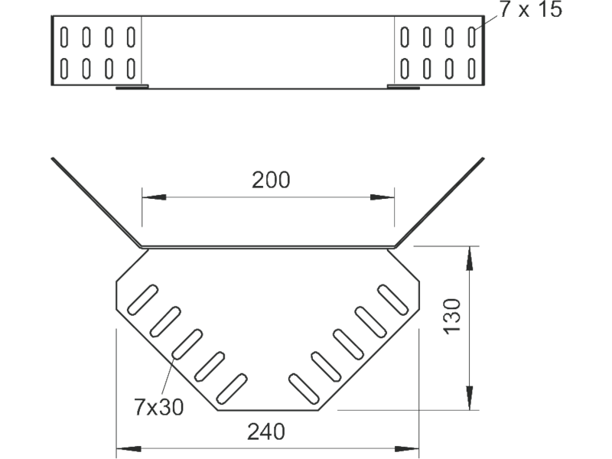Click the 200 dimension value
coord(271,180)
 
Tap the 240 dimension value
coord(266,431)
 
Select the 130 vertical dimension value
coord(452,316)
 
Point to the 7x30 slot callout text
coord(158,407)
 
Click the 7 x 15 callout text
coord(531,9)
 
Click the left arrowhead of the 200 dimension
coord(154,197)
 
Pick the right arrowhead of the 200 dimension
coord(382,197)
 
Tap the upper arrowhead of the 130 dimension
coord(470,258)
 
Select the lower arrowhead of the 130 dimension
coord(470,398)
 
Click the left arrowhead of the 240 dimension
coord(129,449)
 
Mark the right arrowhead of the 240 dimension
coord(407,449)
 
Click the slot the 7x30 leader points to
coord(187,343)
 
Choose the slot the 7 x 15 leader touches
coord(471,37)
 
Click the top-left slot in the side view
coord(64,37)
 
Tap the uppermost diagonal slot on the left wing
coord(143,299)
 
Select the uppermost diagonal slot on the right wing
coord(392,299)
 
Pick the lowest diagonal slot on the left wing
coord(232,389)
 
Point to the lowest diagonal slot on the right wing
coord(304,389)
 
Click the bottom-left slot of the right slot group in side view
coord(405,68)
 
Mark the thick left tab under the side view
coord(132,87)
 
